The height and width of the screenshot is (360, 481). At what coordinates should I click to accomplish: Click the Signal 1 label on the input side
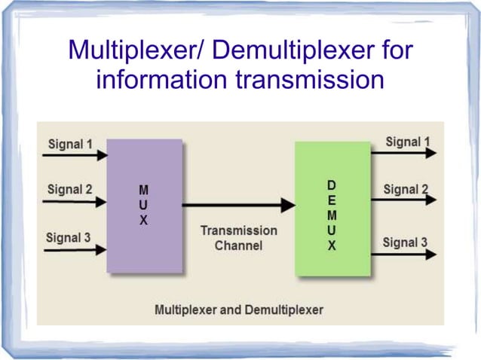(71, 142)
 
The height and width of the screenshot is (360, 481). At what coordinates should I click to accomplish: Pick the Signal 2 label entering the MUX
(69, 189)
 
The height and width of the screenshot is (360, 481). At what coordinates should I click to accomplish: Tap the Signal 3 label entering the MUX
(69, 238)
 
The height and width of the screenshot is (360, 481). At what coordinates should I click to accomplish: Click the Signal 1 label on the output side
(408, 142)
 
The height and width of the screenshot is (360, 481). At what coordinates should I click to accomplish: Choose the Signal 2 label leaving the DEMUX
(406, 189)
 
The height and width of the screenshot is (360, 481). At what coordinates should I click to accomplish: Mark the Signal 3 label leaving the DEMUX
(405, 243)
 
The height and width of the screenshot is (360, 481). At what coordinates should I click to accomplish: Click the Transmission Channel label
(238, 238)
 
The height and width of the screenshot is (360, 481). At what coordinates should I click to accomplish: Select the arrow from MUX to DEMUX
(238, 204)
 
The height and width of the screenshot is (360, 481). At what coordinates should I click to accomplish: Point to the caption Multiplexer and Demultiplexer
(238, 310)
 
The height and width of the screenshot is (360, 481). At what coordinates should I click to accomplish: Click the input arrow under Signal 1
(75, 156)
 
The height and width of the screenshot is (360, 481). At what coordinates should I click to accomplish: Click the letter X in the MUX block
(144, 221)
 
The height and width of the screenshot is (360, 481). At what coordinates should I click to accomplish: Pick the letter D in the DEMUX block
(332, 184)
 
